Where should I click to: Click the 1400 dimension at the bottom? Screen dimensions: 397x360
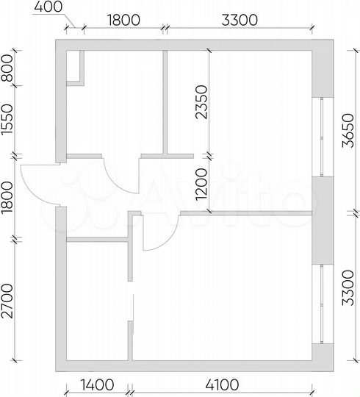tap(97, 385)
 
